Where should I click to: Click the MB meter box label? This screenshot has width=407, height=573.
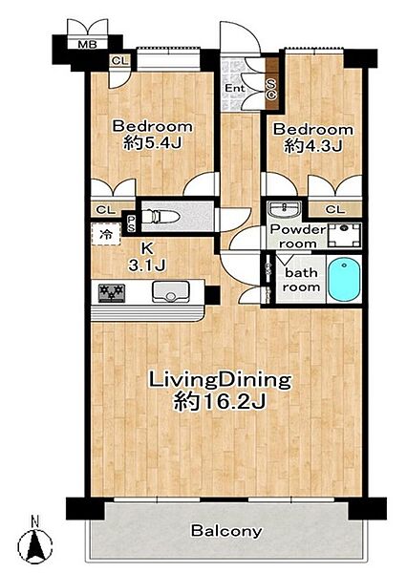[88, 45]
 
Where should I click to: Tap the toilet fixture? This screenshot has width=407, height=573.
[161, 217]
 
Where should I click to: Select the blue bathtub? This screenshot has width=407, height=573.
[344, 279]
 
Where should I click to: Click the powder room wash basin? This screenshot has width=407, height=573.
[284, 210]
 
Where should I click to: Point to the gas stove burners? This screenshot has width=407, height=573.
[112, 293]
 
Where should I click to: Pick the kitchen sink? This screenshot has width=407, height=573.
[170, 292]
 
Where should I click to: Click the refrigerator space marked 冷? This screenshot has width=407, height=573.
[106, 234]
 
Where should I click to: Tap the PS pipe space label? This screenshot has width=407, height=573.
[131, 224]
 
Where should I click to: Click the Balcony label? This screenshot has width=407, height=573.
[226, 531]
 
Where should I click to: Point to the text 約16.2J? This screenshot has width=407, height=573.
[219, 402]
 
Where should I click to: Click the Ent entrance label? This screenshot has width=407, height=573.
[235, 88]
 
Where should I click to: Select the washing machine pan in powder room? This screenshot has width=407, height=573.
[344, 235]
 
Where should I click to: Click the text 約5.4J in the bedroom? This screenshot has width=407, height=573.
[153, 143]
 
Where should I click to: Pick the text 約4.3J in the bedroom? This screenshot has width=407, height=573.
[313, 146]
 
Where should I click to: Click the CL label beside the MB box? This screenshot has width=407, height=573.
[120, 61]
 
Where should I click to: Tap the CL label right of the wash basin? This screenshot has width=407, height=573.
[335, 209]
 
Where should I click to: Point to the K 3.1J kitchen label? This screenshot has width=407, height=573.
[146, 257]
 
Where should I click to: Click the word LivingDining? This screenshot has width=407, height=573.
[220, 381]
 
